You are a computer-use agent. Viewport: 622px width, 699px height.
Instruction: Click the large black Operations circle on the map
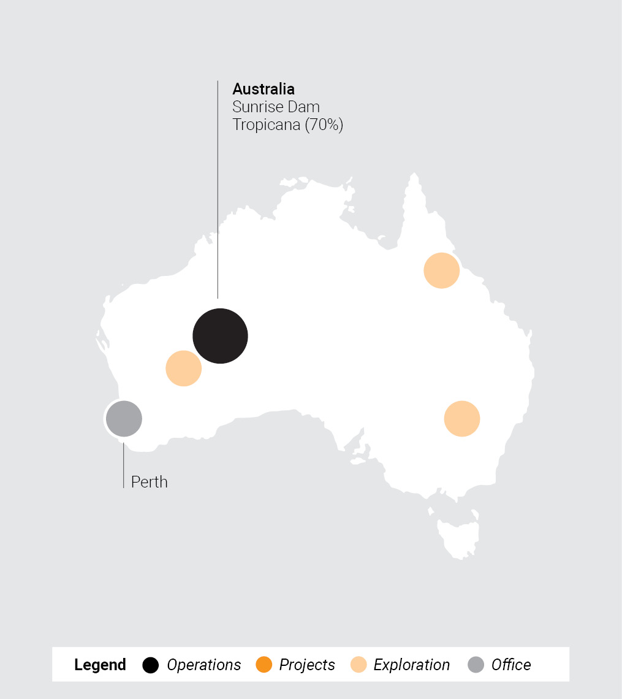pyautogui.click(x=220, y=336)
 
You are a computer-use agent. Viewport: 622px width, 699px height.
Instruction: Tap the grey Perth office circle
pyautogui.click(x=124, y=418)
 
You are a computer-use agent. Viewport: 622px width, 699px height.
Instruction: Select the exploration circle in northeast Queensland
pyautogui.click(x=441, y=270)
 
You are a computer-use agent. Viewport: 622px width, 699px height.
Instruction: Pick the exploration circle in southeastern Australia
pyautogui.click(x=461, y=419)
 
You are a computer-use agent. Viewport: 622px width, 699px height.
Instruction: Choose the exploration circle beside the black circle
pyautogui.click(x=183, y=369)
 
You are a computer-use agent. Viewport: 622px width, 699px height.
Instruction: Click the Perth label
pyautogui.click(x=149, y=482)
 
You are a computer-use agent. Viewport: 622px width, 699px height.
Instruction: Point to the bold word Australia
pyautogui.click(x=264, y=89)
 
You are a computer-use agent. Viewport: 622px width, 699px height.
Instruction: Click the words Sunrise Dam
pyautogui.click(x=276, y=107)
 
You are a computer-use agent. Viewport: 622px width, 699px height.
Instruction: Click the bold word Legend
pyautogui.click(x=100, y=665)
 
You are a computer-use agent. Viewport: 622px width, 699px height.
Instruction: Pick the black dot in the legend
pyautogui.click(x=151, y=665)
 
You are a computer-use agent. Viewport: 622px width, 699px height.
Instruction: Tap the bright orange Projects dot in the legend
pyautogui.click(x=264, y=665)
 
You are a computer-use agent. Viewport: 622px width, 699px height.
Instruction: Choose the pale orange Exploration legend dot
pyautogui.click(x=358, y=665)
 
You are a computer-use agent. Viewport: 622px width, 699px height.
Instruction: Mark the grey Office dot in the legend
pyautogui.click(x=476, y=665)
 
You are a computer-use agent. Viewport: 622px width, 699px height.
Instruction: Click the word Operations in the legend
pyautogui.click(x=204, y=665)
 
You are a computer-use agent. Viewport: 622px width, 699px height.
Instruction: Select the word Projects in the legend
pyautogui.click(x=307, y=665)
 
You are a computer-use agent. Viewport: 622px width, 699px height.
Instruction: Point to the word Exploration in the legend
pyautogui.click(x=411, y=665)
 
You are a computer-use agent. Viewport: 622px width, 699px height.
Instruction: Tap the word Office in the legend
pyautogui.click(x=511, y=665)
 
